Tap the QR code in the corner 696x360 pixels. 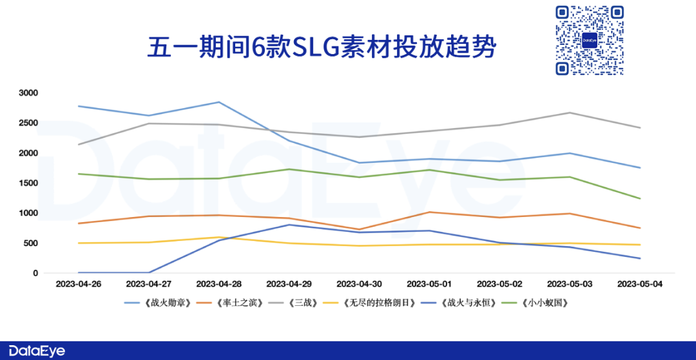(590, 40)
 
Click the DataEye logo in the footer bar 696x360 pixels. (33, 350)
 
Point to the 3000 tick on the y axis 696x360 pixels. (28, 93)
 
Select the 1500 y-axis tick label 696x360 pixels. (28, 183)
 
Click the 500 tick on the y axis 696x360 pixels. (31, 243)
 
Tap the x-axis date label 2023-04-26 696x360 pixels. (78, 283)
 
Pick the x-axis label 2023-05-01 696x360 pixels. (429, 283)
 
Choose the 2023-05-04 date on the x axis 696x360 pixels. (639, 283)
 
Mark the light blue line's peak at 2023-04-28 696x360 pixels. (218, 102)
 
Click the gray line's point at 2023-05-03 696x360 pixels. (569, 113)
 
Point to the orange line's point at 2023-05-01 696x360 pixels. (429, 212)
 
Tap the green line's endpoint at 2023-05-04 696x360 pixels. (639, 198)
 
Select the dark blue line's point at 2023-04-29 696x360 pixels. (289, 225)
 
